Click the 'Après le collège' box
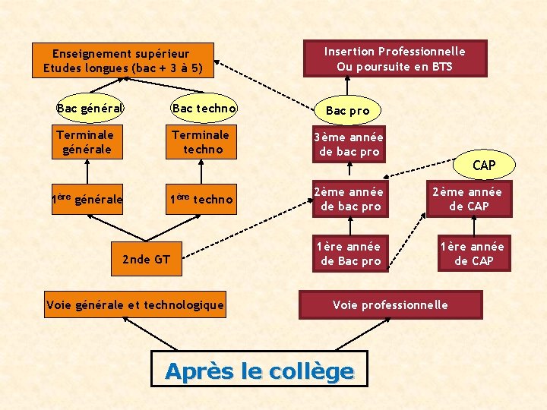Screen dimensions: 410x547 259,371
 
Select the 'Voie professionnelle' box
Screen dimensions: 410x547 390,304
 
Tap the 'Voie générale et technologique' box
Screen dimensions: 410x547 135,305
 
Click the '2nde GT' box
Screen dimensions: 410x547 146,260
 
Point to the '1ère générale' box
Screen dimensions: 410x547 87,200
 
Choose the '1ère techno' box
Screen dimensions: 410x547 201,200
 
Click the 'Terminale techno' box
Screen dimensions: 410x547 200,143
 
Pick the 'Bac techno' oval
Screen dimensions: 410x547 204,109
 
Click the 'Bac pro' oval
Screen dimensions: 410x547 348,111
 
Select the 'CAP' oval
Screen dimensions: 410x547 484,165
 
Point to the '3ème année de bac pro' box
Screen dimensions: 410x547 350,143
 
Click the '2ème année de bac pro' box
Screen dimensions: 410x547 350,199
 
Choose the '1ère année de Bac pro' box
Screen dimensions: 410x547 350,254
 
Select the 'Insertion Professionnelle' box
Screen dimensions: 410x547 394,58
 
